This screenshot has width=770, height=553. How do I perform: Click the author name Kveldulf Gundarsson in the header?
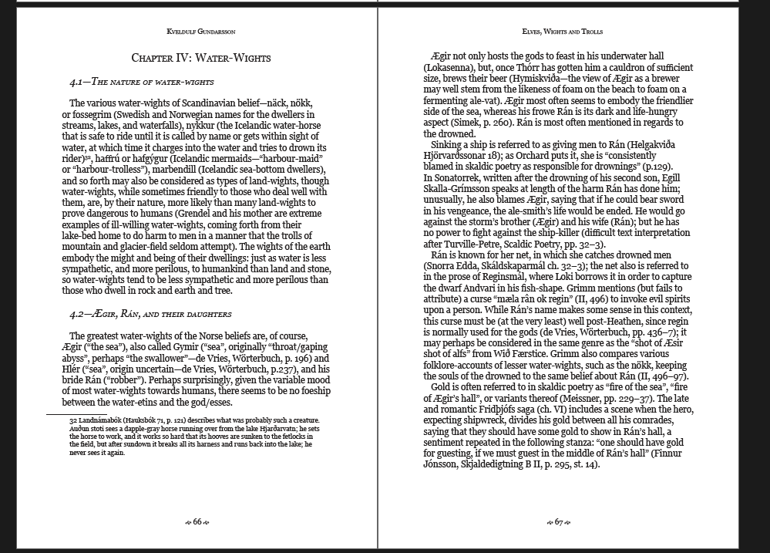201,32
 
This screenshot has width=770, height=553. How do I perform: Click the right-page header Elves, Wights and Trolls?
562,32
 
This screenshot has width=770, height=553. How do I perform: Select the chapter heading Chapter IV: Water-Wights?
201,58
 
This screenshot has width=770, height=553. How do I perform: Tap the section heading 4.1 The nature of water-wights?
142,81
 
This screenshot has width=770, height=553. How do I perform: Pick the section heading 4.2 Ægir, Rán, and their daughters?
150,314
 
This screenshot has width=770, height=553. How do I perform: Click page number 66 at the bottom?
197,522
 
